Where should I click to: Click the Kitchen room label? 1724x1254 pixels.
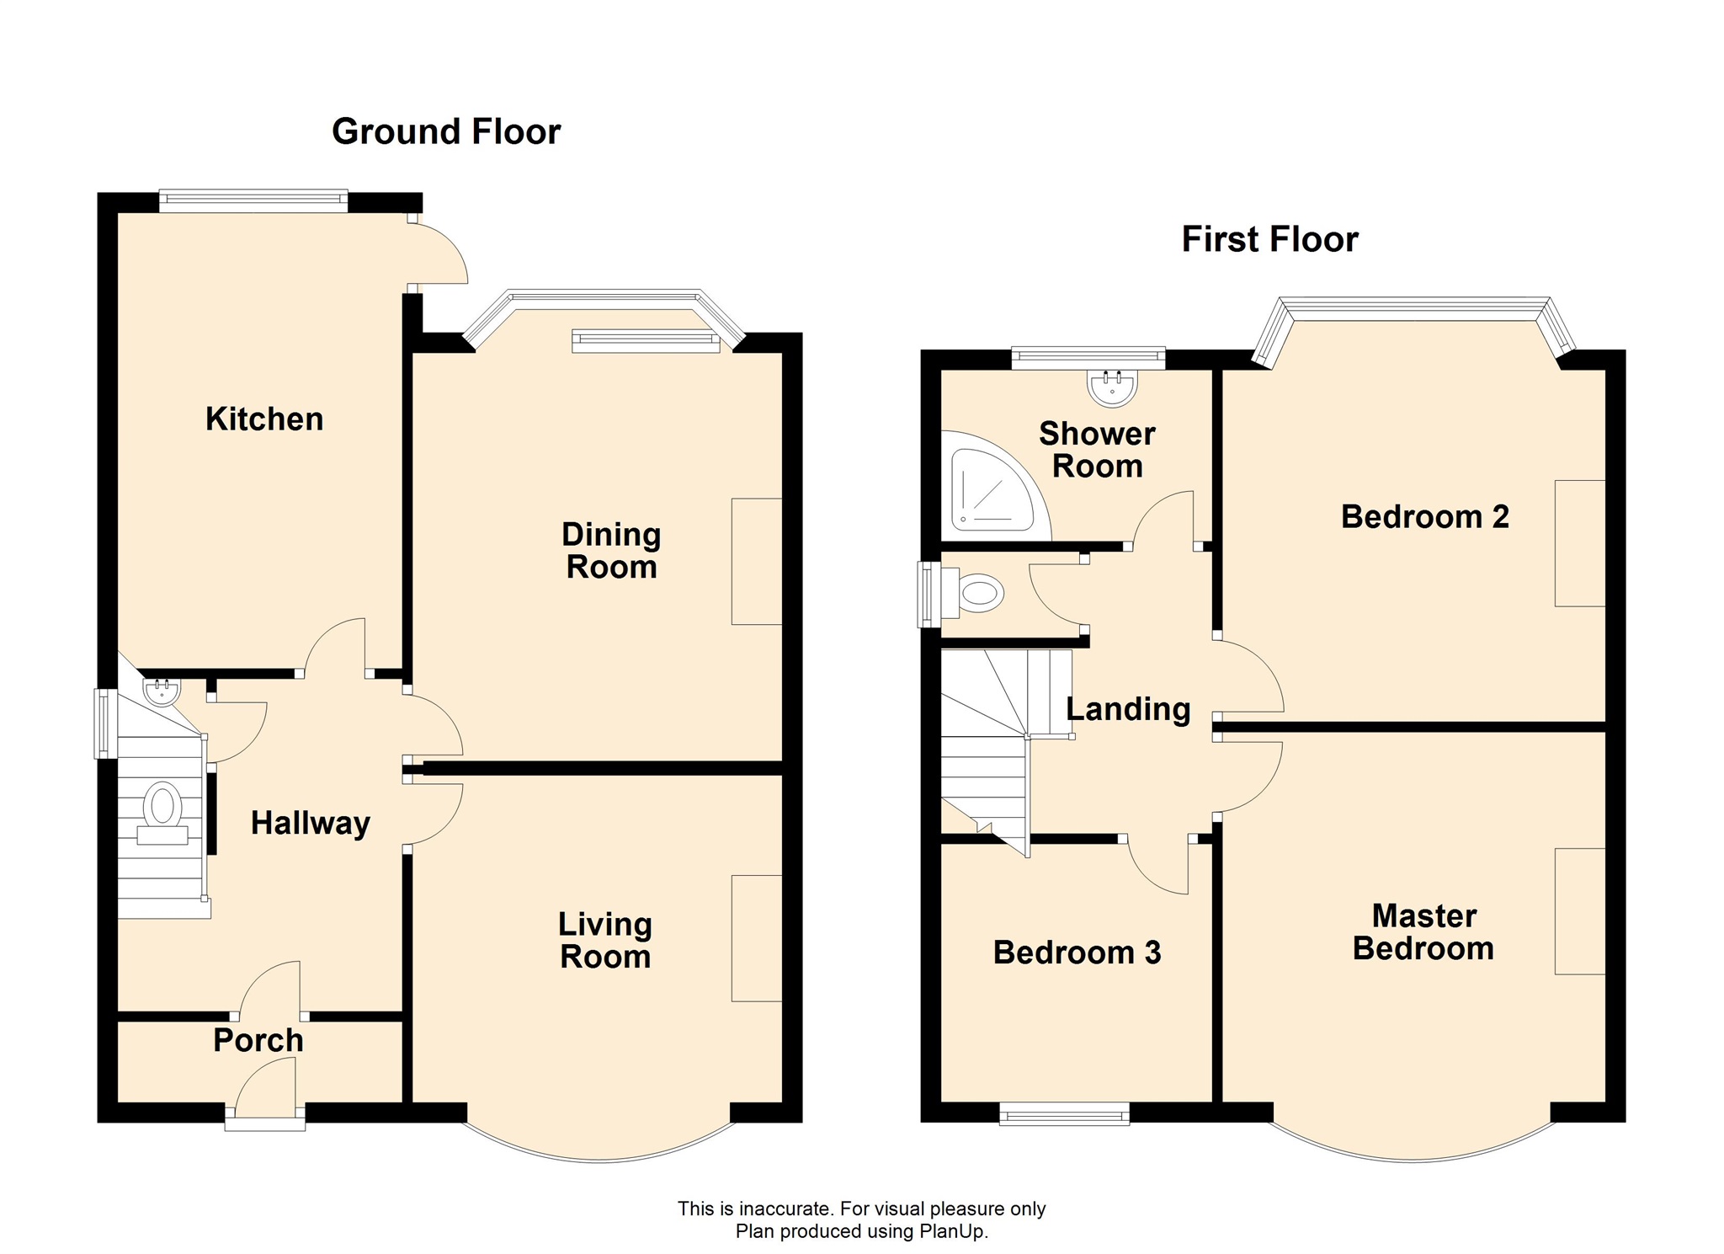(264, 419)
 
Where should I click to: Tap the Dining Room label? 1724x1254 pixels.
(611, 551)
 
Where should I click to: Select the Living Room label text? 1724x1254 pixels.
(605, 941)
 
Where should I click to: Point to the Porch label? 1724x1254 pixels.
(258, 1040)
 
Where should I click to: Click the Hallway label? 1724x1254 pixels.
(311, 823)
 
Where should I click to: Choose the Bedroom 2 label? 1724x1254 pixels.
(1425, 516)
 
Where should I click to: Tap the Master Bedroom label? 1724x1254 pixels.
(1423, 932)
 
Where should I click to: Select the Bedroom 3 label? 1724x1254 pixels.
(1077, 953)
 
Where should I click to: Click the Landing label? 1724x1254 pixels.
(1129, 710)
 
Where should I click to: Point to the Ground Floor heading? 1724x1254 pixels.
(446, 131)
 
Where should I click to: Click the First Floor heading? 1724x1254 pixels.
(1270, 239)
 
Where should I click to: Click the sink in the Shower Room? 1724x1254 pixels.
(1113, 387)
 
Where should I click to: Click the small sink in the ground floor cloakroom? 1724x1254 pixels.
(162, 692)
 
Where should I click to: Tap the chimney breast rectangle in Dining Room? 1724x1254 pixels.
(757, 562)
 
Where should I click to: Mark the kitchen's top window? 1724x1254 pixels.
(253, 200)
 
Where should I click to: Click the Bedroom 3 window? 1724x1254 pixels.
(1064, 1115)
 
